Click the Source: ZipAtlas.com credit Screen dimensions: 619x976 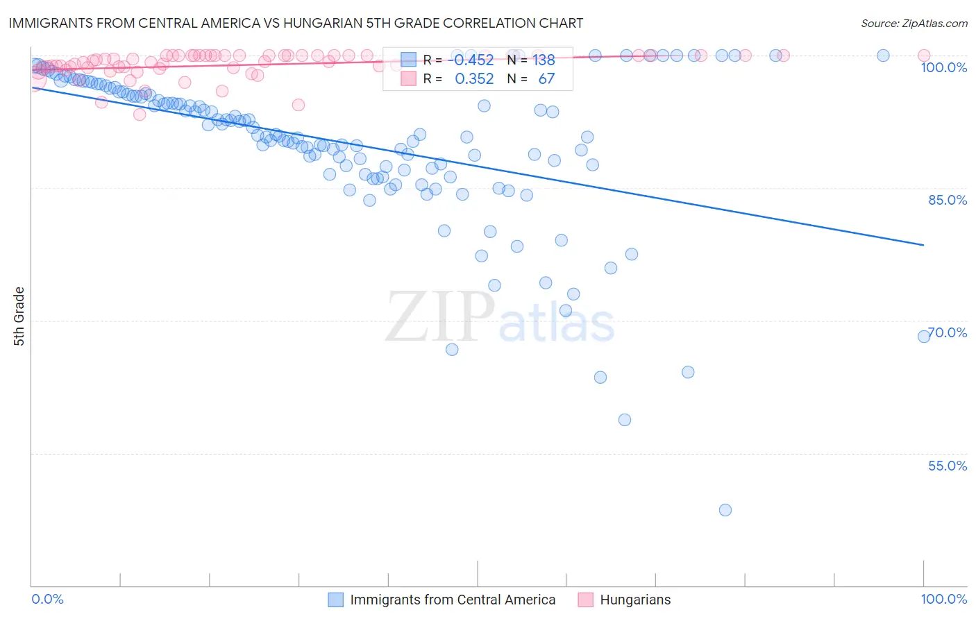tap(914, 23)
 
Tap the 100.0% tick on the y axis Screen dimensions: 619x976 tap(943, 67)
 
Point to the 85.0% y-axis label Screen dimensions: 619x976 tap(947, 200)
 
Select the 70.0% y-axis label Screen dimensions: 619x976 tap(948, 332)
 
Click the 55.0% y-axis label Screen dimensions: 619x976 tap(947, 466)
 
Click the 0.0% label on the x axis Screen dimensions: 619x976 tap(48, 599)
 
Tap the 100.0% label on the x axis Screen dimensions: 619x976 tap(943, 599)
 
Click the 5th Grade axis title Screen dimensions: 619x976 tap(19, 316)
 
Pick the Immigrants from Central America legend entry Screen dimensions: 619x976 tap(452, 600)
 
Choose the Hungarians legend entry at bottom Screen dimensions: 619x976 tap(634, 600)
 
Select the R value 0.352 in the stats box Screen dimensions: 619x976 tap(474, 79)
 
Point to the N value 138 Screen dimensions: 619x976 tap(544, 60)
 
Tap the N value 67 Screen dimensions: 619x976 tap(546, 79)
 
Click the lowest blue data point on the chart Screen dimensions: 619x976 tap(725, 510)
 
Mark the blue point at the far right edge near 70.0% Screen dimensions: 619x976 tap(924, 337)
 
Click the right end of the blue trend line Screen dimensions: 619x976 tap(923, 245)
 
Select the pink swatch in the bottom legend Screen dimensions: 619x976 tap(585, 600)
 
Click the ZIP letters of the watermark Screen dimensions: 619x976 tap(440, 317)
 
